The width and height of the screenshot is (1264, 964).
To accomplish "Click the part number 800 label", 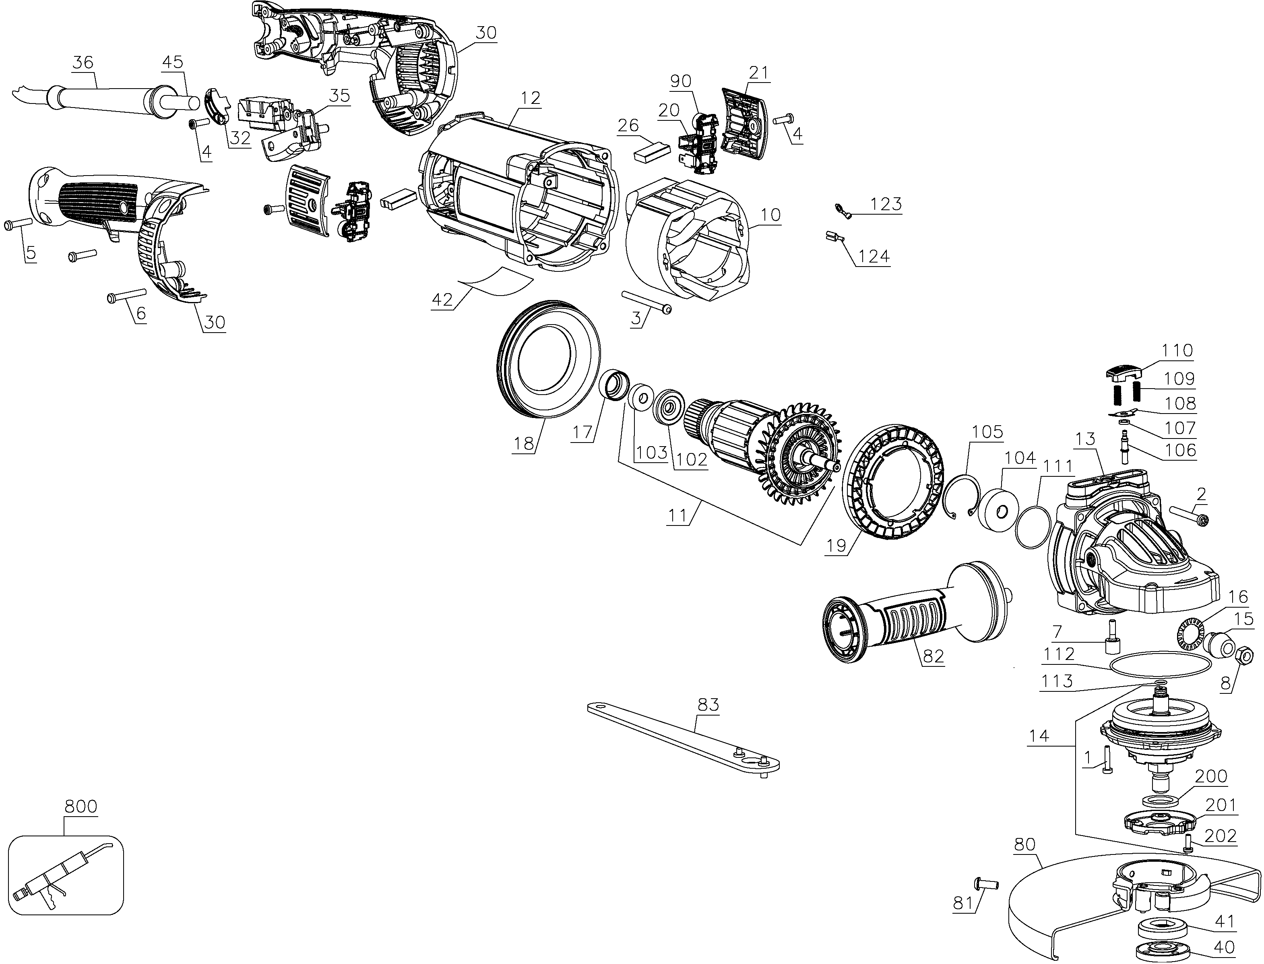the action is pos(81,806).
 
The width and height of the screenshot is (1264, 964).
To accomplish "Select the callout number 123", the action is pos(886,204).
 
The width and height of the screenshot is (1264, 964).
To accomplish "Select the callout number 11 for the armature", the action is pos(677,515).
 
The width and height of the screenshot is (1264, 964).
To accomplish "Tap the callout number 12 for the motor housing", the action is pos(531,98).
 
